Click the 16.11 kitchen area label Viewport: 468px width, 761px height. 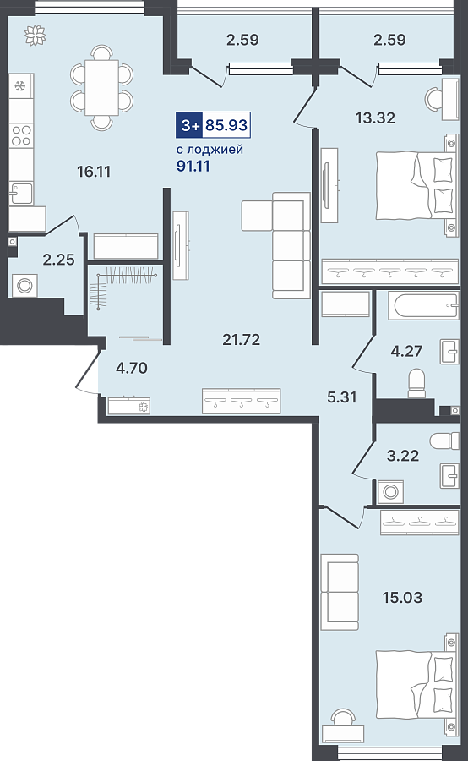(x=94, y=172)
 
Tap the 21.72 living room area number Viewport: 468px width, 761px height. (x=241, y=340)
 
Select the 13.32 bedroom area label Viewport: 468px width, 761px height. (x=375, y=118)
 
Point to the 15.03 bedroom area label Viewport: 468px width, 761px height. (x=402, y=598)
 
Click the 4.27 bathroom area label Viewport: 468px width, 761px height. (x=406, y=350)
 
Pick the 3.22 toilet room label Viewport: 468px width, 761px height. (x=402, y=456)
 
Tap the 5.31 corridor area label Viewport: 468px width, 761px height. (x=342, y=397)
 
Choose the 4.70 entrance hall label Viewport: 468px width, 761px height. (x=132, y=368)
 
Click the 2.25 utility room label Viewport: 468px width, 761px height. (x=58, y=260)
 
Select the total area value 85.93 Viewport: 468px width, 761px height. (x=226, y=125)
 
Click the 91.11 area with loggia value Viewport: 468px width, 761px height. (x=193, y=166)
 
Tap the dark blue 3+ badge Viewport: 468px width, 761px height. (x=189, y=125)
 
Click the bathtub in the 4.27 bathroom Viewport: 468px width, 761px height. (x=423, y=306)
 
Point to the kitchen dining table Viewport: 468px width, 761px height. (x=102, y=88)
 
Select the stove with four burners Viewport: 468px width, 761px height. (x=21, y=135)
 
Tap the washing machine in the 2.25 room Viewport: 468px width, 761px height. (x=24, y=286)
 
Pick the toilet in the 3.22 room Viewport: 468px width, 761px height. (x=444, y=441)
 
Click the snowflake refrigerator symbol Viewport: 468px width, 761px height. (x=20, y=87)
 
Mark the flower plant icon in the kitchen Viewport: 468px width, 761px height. (x=35, y=36)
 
